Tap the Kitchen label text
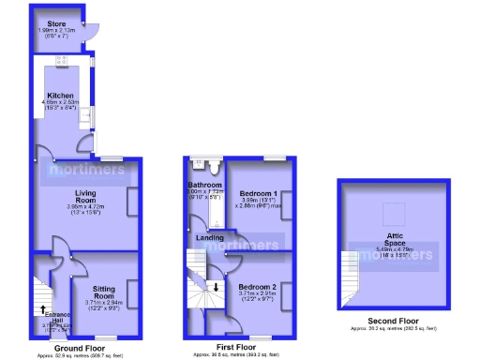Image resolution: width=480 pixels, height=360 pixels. point(61,96)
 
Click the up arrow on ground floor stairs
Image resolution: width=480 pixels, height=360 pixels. point(42,308)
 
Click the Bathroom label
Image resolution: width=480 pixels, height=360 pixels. point(203,186)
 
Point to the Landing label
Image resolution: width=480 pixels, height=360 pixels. point(210,238)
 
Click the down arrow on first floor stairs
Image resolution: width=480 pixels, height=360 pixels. point(217,286)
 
